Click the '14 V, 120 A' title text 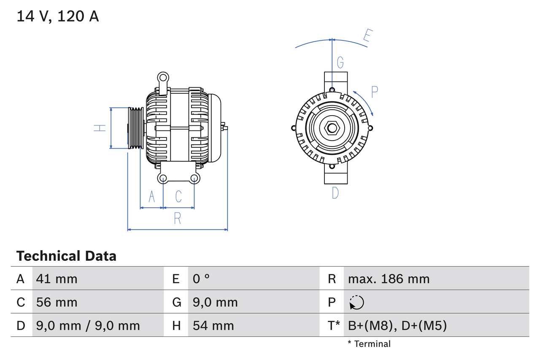tap(58, 16)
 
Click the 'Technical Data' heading tap(66, 256)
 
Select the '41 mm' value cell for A tap(57, 279)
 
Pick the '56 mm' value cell tap(57, 302)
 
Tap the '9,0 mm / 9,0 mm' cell tap(88, 325)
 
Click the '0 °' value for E tap(201, 279)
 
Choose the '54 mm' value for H tap(213, 325)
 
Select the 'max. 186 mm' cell tap(389, 279)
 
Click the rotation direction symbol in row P tap(356, 302)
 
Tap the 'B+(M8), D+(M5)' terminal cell tap(397, 325)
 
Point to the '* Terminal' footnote tap(369, 344)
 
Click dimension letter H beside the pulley tap(100, 128)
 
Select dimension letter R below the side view tap(177, 219)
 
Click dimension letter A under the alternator tap(152, 196)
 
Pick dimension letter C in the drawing tap(178, 196)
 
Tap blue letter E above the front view tap(367, 37)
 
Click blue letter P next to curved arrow tap(375, 92)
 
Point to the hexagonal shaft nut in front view tap(332, 128)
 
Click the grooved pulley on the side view tap(136, 128)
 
